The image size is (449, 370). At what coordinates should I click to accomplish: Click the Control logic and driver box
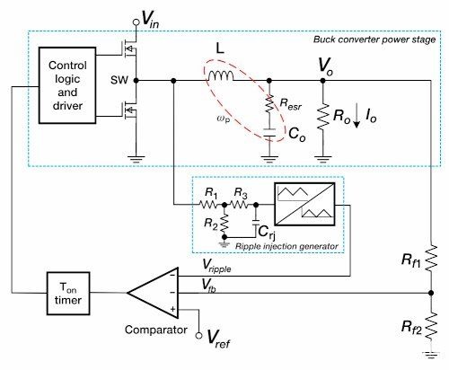click(67, 85)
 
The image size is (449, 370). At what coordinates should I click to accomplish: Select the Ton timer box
click(68, 294)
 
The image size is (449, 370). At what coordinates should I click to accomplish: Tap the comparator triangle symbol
click(153, 293)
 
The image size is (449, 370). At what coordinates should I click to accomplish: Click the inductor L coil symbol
click(221, 76)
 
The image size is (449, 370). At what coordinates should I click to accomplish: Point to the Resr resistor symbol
click(269, 103)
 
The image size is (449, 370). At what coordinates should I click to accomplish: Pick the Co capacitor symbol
click(269, 133)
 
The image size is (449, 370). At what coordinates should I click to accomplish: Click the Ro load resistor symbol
click(322, 117)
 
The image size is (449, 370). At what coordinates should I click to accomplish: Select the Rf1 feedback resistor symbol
click(431, 259)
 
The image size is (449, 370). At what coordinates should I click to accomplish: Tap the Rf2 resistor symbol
click(431, 326)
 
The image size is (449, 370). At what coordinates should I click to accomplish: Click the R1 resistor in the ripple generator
click(208, 205)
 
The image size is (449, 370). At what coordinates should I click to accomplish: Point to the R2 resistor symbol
click(224, 224)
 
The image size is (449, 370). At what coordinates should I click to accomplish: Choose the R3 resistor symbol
click(239, 205)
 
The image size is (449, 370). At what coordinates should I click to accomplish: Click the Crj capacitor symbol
click(256, 223)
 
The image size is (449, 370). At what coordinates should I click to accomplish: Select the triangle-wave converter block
click(304, 204)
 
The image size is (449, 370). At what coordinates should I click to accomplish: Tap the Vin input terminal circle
click(136, 22)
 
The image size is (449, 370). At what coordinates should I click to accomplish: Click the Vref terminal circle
click(198, 336)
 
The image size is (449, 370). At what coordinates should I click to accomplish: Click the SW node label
click(119, 80)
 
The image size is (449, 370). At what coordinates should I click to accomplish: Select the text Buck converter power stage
click(374, 40)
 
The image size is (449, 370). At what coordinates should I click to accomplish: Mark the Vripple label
click(216, 266)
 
